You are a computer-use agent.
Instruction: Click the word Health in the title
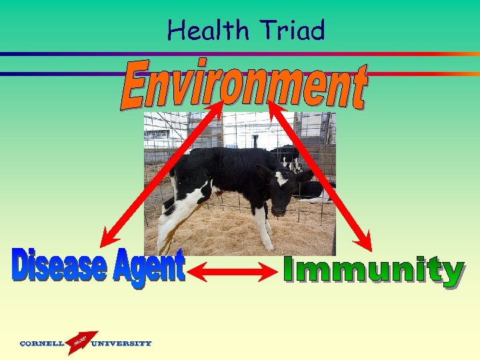tap(206, 31)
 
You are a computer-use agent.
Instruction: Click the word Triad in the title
tap(293, 31)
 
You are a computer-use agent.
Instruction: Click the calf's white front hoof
tap(269, 245)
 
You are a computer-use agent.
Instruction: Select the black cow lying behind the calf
tap(313, 191)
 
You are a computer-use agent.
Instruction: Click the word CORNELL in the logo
tap(42, 344)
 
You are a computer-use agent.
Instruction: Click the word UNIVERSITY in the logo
tap(121, 344)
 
